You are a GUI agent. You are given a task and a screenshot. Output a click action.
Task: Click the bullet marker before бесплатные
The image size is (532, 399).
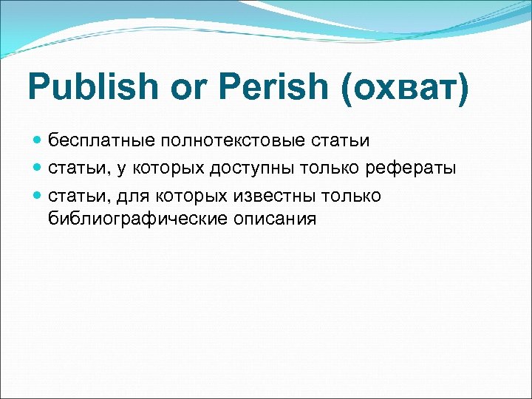(38, 140)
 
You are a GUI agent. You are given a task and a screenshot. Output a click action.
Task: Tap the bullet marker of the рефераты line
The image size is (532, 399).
(38, 168)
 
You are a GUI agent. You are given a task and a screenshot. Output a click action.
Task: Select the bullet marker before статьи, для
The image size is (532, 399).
(38, 196)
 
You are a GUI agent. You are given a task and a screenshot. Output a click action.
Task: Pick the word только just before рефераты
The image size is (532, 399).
(327, 168)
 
